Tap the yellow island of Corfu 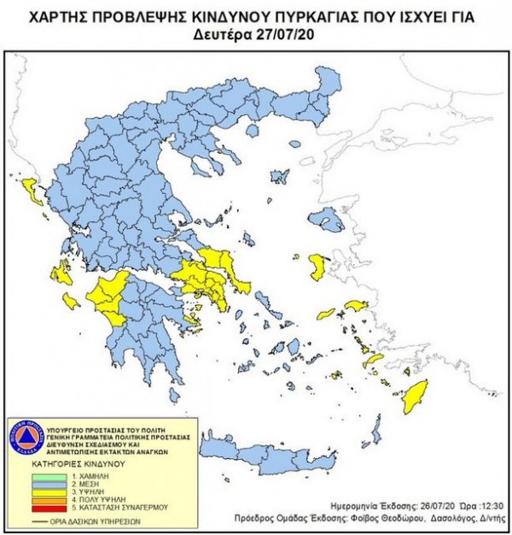point(33,191)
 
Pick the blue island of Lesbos point(325,220)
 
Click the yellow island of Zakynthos point(72,301)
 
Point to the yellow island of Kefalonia point(61,273)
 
